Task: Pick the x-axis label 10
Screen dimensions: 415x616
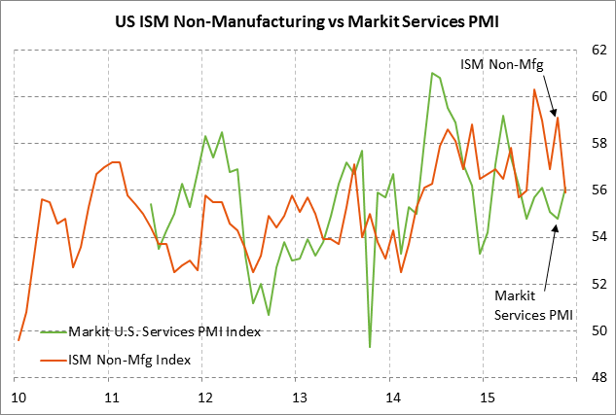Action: tap(18, 398)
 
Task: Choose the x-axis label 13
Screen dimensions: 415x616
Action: tap(299, 398)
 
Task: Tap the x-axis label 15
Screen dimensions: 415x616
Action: tap(486, 398)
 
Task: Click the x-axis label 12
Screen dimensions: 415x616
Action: tap(205, 398)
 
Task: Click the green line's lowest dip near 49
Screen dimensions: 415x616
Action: tap(370, 346)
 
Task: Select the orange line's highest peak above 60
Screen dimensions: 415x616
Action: tap(534, 89)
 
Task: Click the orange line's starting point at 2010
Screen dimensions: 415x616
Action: tap(18, 340)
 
